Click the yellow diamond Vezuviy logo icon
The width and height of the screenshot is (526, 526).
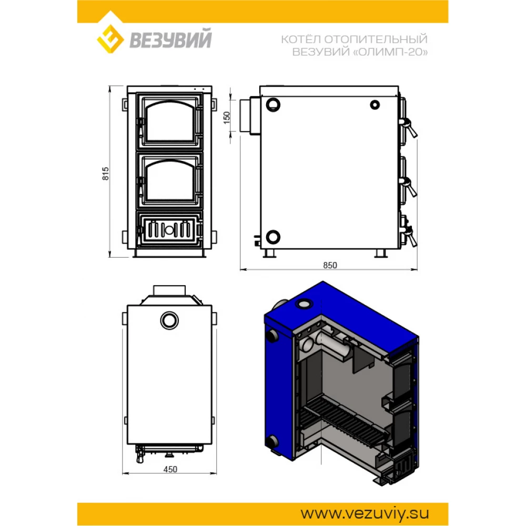110,38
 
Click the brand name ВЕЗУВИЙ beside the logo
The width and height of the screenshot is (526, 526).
170,39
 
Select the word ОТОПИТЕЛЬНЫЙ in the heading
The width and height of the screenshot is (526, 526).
376,39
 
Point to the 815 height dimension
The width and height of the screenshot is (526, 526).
105,174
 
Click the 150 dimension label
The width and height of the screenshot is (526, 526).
227,117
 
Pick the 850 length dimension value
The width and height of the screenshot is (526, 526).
330,265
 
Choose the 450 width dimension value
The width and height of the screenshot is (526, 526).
170,469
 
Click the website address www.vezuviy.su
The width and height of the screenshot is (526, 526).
365,513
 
